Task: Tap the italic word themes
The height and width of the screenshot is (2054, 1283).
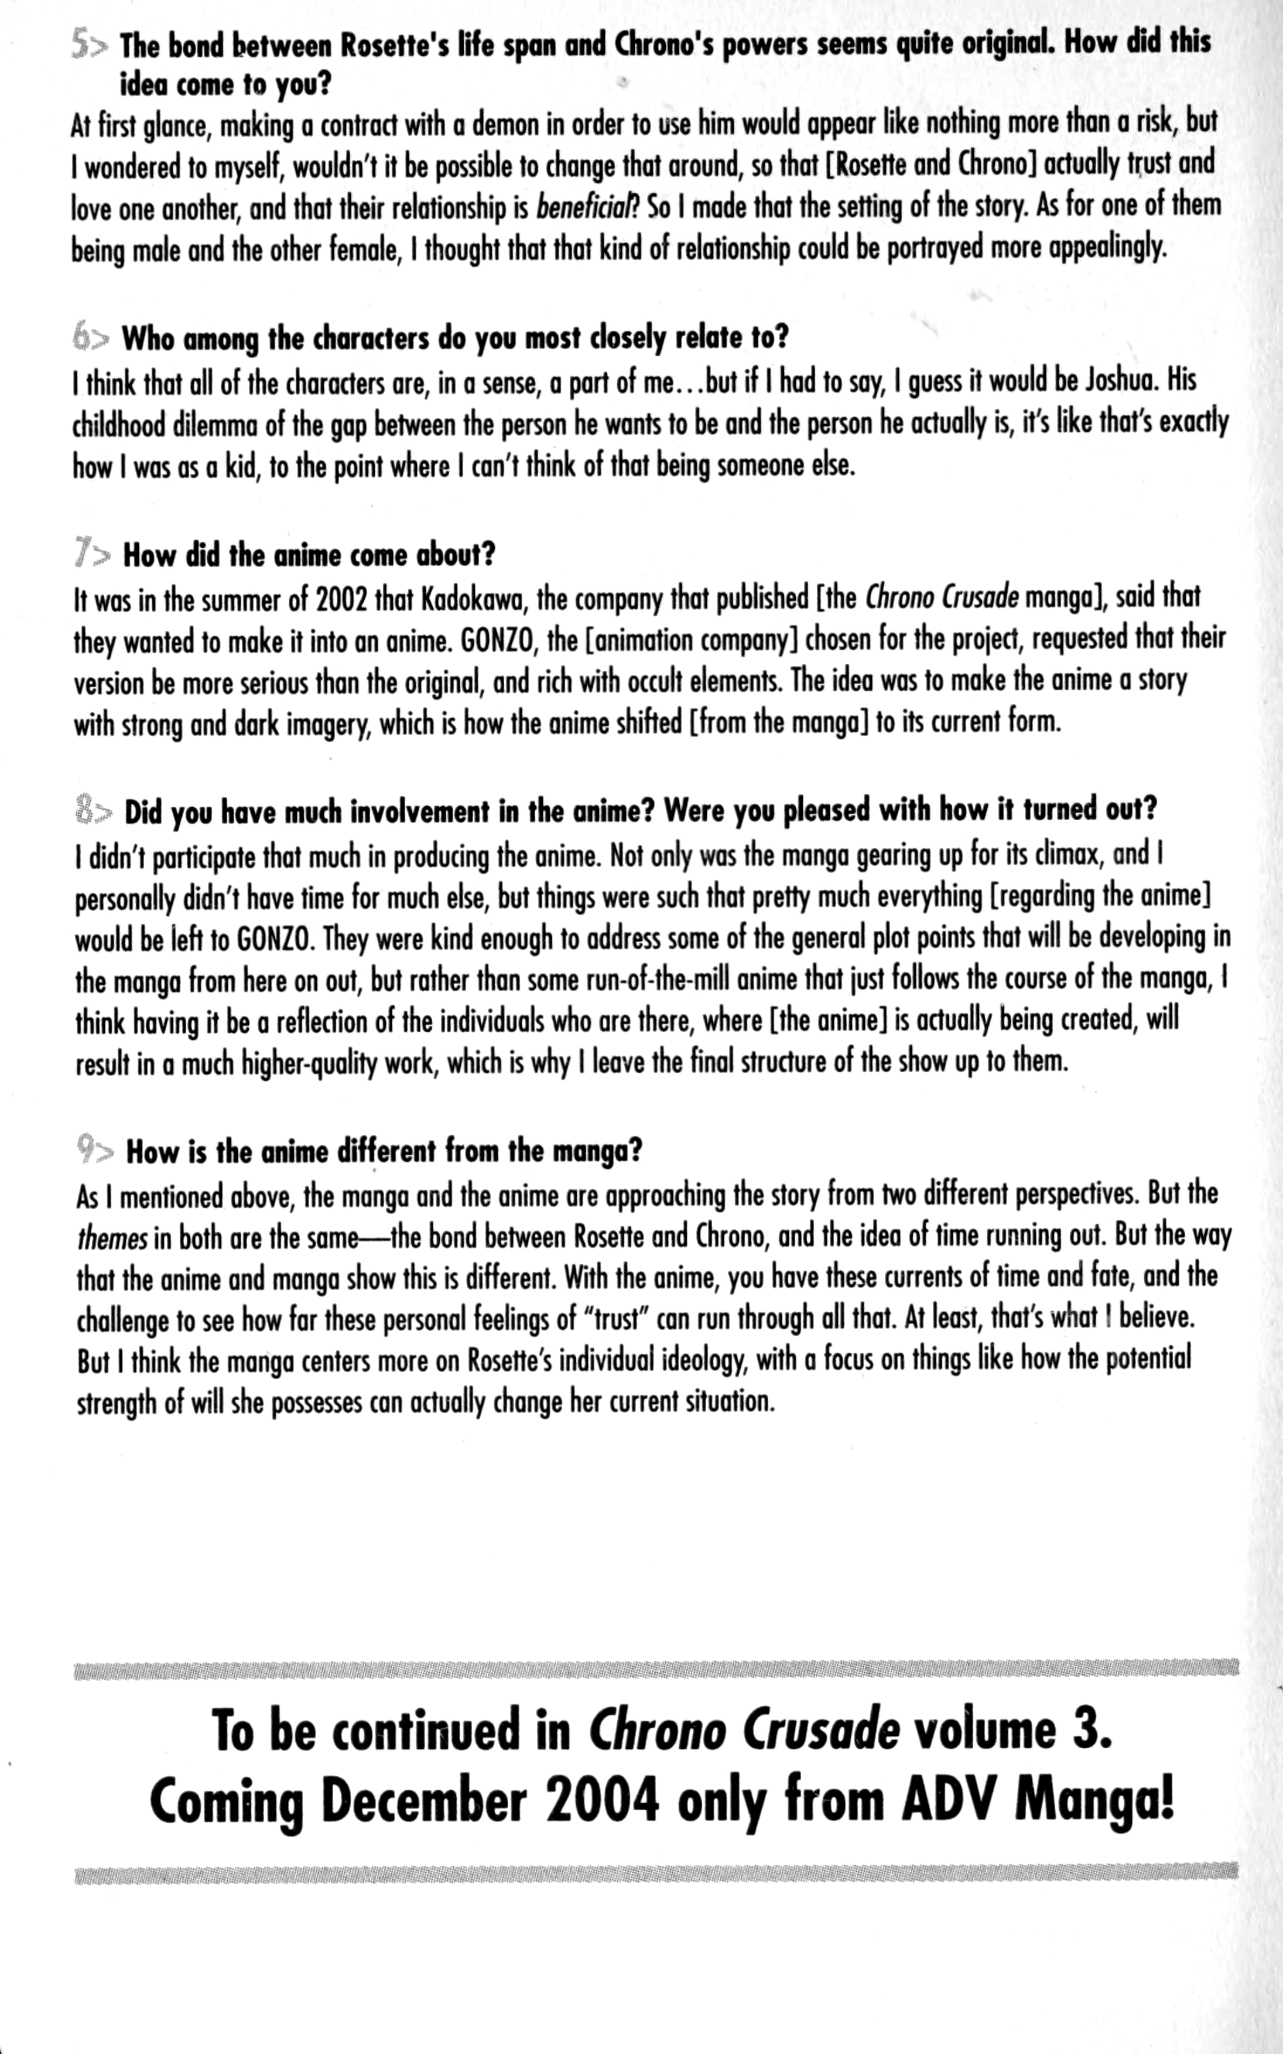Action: pos(112,1238)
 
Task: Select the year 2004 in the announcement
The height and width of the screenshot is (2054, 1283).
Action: pos(601,1801)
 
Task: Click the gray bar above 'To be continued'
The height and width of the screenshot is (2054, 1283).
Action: pos(656,1670)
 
